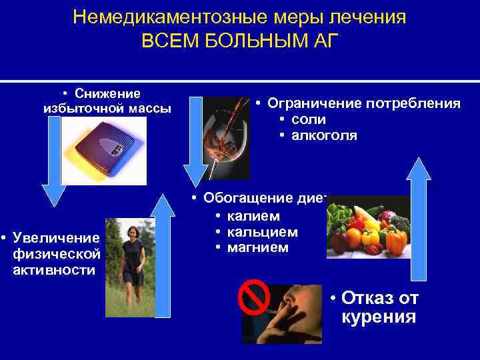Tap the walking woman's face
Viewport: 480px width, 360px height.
[x=132, y=233]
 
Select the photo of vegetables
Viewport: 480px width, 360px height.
[x=368, y=227]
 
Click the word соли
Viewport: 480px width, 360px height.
[x=309, y=120]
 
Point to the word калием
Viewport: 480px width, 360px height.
[x=253, y=216]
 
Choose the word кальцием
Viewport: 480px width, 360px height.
[x=262, y=232]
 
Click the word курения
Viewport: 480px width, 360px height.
[x=378, y=316]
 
